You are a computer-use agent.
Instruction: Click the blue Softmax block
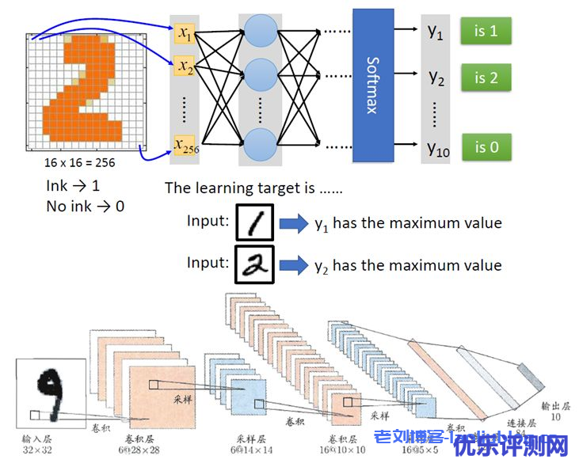pos(372,85)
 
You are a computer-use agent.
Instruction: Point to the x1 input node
pos(185,33)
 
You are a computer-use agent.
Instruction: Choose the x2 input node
pos(185,66)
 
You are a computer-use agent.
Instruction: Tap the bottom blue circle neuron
pos(261,146)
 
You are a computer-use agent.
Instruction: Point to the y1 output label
pos(436,33)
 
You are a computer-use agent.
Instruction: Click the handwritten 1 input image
pos(255,223)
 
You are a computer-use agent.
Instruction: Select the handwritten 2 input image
pos(255,264)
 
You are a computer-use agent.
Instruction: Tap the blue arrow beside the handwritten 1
pos(292,223)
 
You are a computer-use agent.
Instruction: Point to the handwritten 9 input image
pos(50,393)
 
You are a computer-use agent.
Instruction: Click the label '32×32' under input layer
pos(38,449)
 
